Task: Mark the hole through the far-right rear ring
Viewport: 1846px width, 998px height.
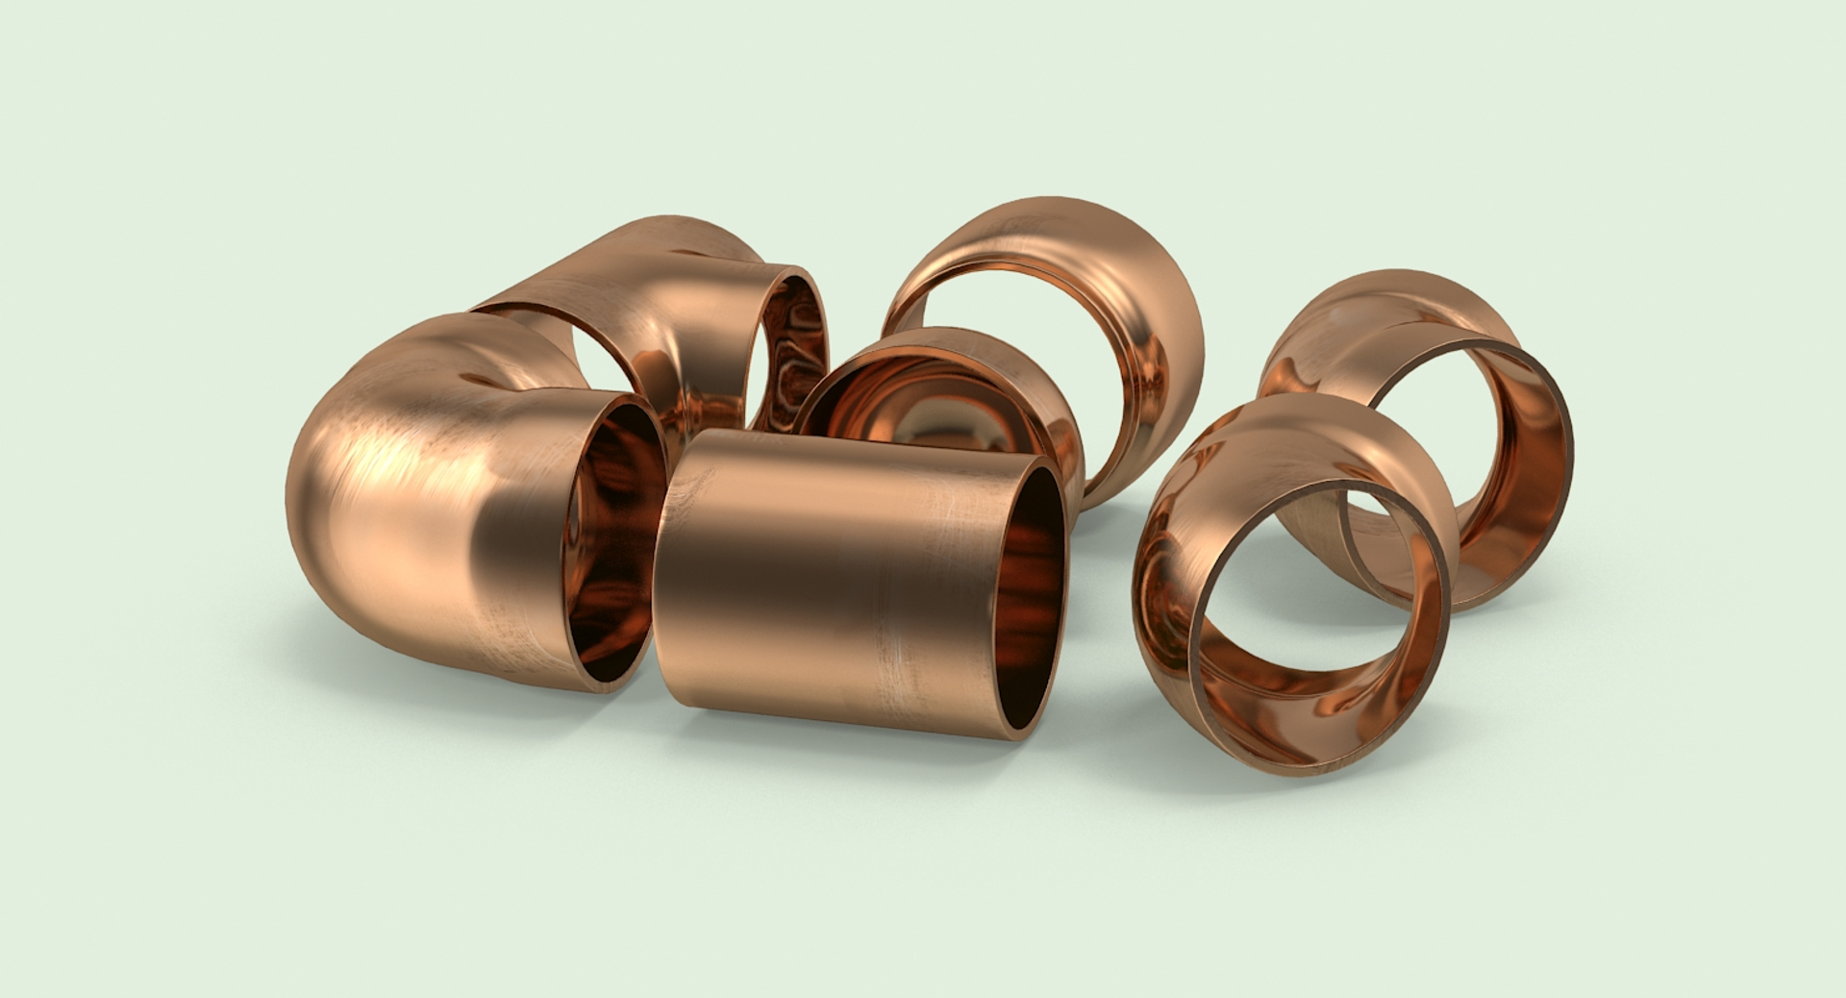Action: (x=1442, y=423)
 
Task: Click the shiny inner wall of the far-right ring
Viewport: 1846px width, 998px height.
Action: (x=1529, y=481)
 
